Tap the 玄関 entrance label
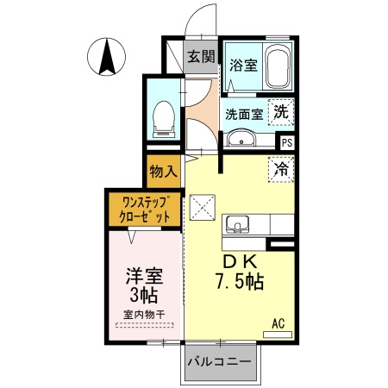pyautogui.click(x=201, y=58)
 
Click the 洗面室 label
pyautogui.click(x=243, y=112)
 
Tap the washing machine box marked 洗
pyautogui.click(x=281, y=111)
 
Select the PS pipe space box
pyautogui.click(x=285, y=143)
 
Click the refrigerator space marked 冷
pyautogui.click(x=281, y=169)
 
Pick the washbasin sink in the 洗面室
pyautogui.click(x=241, y=138)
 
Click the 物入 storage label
pyautogui.click(x=163, y=172)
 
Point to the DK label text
pyautogui.click(x=241, y=261)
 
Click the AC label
pyautogui.click(x=278, y=322)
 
